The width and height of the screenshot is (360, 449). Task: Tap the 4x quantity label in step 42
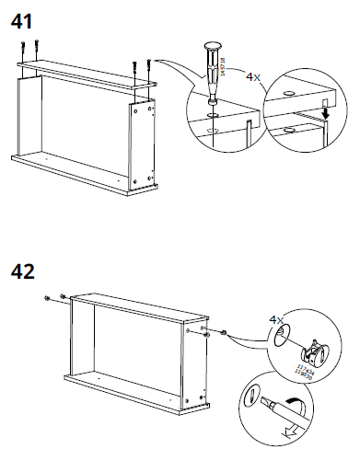[275, 319]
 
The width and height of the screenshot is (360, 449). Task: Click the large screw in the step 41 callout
[213, 74]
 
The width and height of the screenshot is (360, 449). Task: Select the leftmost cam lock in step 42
[47, 299]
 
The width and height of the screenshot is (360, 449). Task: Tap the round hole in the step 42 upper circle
[283, 333]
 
